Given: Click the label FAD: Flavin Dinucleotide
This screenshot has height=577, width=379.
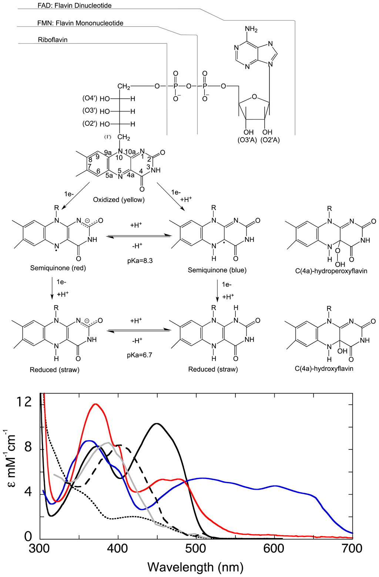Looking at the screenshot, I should [74, 6].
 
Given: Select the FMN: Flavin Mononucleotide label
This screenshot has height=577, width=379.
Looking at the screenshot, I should [80, 23].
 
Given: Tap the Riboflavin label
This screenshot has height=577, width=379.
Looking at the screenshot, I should [53, 40].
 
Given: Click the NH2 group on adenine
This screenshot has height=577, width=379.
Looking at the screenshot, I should [251, 29].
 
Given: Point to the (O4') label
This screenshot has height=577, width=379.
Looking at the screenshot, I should [90, 98].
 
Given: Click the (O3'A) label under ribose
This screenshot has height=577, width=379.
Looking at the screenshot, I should [247, 140].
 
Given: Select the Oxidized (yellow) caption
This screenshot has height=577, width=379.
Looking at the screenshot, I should [118, 200].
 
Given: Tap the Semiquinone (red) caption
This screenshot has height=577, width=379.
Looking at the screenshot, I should [58, 268].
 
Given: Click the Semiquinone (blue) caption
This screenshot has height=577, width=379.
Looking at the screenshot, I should [217, 270].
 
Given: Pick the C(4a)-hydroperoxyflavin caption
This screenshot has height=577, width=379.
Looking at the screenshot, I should [331, 271].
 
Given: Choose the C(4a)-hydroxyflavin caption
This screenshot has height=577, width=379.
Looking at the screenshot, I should [324, 368].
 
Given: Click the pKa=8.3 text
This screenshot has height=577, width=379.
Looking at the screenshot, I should [140, 260].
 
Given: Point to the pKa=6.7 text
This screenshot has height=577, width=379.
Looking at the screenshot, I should [140, 355].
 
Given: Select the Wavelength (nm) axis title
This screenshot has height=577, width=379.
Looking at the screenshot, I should [195, 567].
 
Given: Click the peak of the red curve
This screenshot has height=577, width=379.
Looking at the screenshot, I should [96, 404].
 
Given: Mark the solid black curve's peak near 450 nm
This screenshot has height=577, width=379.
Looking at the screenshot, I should [157, 424].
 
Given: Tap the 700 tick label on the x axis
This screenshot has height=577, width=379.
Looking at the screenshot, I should [352, 548].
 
